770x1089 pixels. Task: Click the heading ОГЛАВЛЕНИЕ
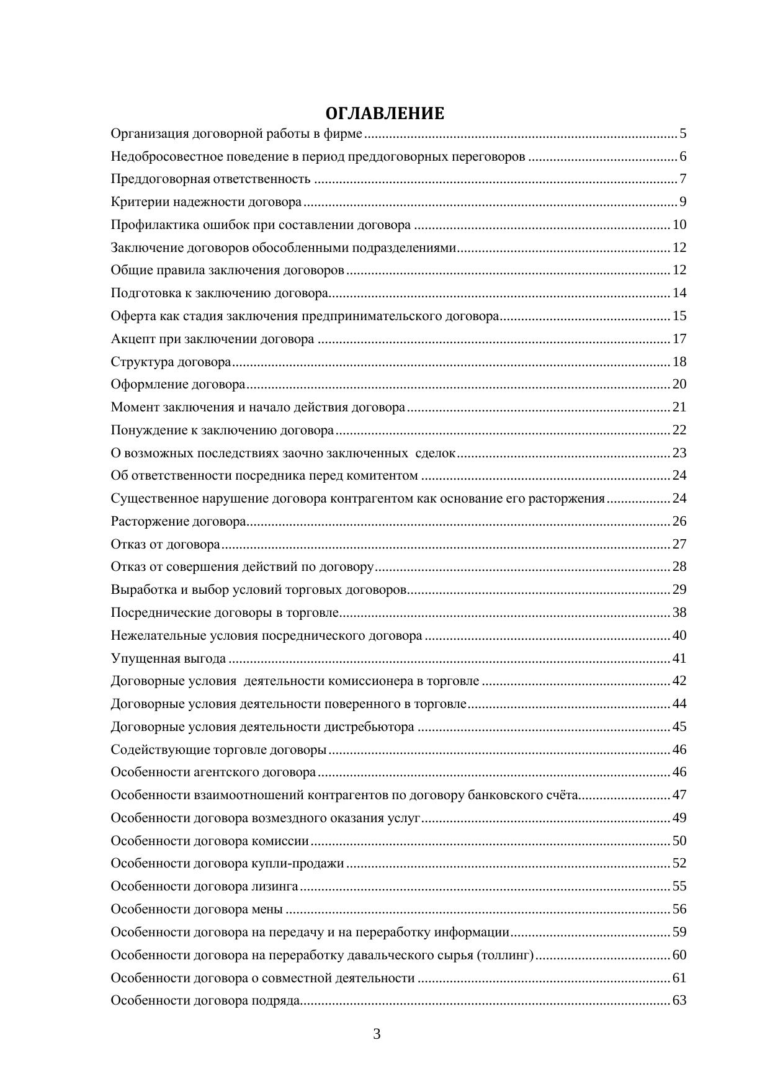point(385,114)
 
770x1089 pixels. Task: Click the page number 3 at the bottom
point(377,1034)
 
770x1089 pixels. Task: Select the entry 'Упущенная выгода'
point(168,658)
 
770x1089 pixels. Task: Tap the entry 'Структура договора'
point(171,362)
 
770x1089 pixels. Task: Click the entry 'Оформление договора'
point(178,385)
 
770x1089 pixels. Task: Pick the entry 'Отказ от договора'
point(165,544)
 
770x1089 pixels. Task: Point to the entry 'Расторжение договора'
point(178,521)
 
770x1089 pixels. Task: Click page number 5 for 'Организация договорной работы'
point(683,133)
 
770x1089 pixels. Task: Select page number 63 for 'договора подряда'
point(679,1000)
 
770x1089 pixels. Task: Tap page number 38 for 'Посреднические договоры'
point(679,612)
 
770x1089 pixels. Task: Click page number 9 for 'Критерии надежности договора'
point(683,202)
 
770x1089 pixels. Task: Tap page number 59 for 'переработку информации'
point(679,932)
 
